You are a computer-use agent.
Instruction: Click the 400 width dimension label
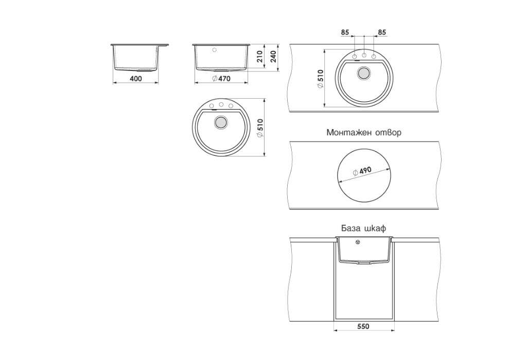click(135, 79)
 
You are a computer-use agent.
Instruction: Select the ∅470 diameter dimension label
click(221, 79)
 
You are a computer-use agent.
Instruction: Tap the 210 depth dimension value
click(260, 57)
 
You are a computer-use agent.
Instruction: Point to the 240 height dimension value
click(273, 57)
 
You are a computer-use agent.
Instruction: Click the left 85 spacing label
click(345, 32)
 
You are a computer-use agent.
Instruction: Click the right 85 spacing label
click(382, 32)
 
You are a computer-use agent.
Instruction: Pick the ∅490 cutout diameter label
click(362, 171)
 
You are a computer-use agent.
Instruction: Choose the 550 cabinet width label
click(364, 327)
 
